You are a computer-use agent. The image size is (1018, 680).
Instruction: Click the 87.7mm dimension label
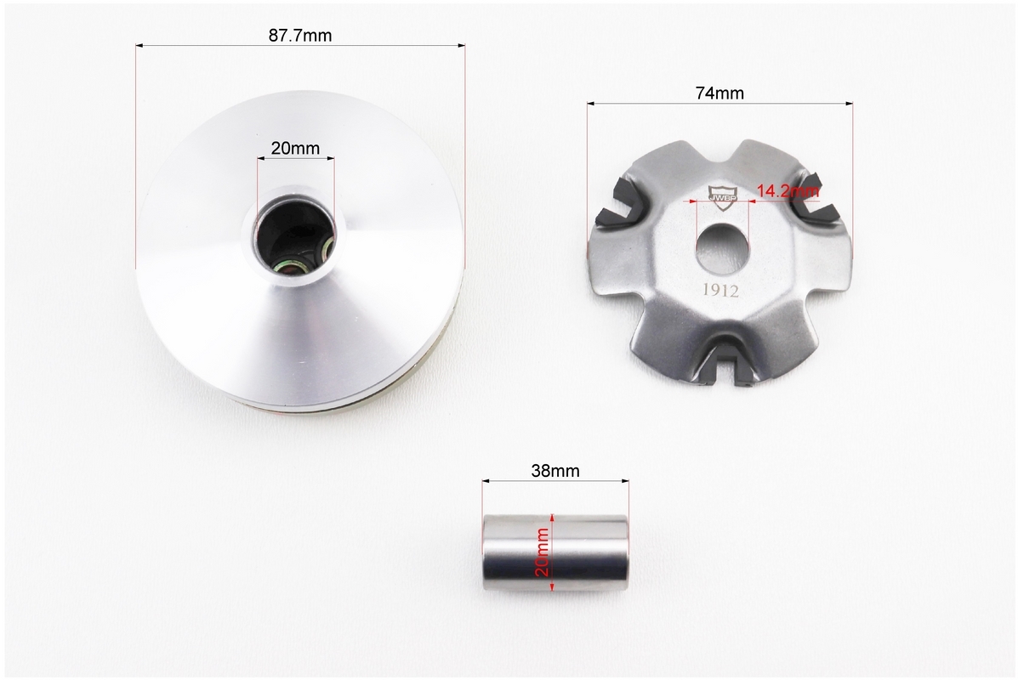[x=300, y=35]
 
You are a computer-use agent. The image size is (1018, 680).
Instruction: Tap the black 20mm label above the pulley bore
[x=295, y=149]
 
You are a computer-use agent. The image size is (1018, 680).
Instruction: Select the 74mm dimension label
[x=719, y=93]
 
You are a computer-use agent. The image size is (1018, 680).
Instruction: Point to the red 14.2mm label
[x=788, y=190]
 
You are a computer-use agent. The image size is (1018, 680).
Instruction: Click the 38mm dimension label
[x=555, y=470]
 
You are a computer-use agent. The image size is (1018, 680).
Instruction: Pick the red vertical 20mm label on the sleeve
[x=542, y=552]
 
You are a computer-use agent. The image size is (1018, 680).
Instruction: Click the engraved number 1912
[x=720, y=291]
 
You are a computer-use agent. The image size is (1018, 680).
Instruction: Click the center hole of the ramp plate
[x=723, y=247]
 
